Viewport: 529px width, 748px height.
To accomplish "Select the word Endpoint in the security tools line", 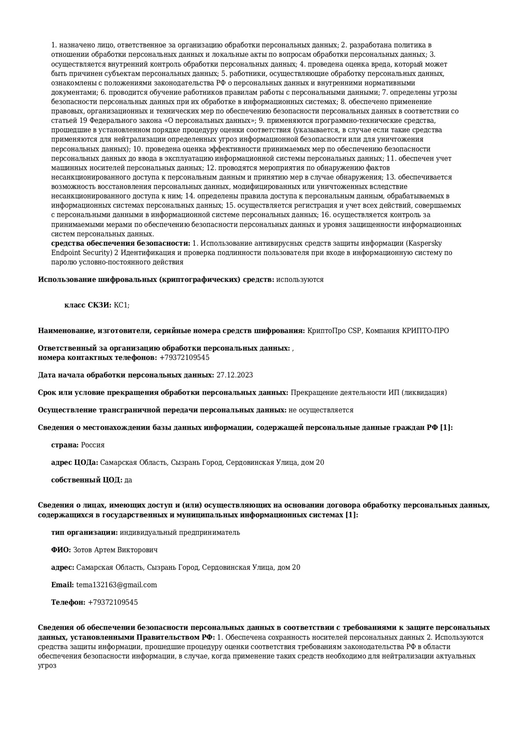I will [x=65, y=253].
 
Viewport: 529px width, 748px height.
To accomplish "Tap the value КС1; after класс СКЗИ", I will [x=122, y=305].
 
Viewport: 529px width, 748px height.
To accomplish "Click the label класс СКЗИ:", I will [x=88, y=305].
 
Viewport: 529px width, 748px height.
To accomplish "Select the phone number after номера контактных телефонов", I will [x=184, y=357].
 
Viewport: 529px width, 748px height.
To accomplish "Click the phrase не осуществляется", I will [x=320, y=410].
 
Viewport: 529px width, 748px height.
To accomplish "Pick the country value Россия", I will [x=93, y=445].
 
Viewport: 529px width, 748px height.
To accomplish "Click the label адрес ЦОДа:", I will [x=75, y=463].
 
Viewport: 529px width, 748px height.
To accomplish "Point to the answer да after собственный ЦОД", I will [x=128, y=480].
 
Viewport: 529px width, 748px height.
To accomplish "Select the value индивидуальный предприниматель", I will [x=180, y=532].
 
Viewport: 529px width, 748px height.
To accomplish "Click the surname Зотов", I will [x=82, y=550].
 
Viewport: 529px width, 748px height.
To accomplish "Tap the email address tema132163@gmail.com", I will [x=116, y=585].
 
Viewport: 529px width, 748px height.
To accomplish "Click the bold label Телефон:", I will [x=68, y=602].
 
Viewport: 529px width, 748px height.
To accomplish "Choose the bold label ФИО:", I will [x=61, y=550].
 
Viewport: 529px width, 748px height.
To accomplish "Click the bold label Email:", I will [x=63, y=585].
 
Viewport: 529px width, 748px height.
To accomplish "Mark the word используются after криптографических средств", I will [x=300, y=280].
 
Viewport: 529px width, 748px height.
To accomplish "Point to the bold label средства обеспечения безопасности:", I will [x=121, y=243].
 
